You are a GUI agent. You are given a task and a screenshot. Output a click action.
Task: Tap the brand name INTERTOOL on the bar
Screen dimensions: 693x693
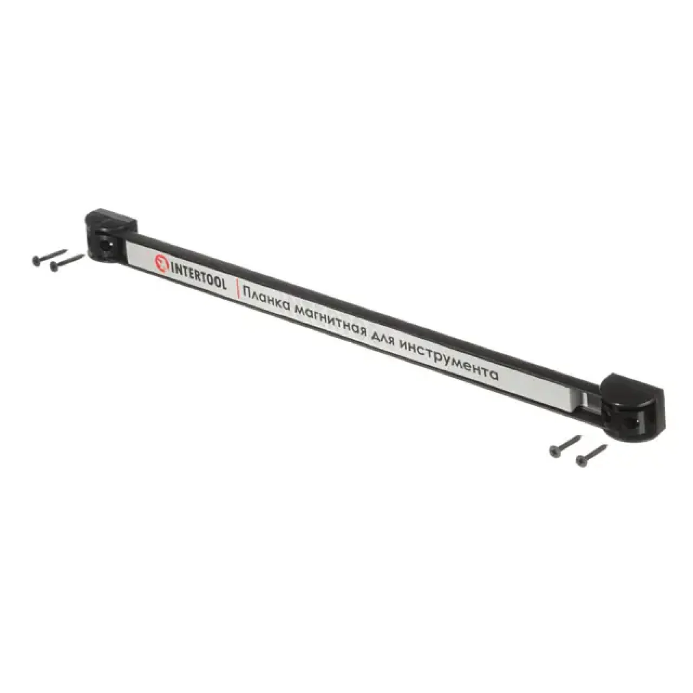click(199, 274)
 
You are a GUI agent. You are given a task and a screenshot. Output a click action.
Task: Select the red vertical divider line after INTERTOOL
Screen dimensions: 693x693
click(237, 288)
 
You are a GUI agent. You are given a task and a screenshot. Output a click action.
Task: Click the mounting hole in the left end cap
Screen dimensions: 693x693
click(105, 246)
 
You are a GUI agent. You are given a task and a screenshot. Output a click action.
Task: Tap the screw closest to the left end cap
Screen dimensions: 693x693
click(67, 262)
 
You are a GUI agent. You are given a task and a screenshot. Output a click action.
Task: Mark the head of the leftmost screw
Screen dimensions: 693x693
click(36, 260)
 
